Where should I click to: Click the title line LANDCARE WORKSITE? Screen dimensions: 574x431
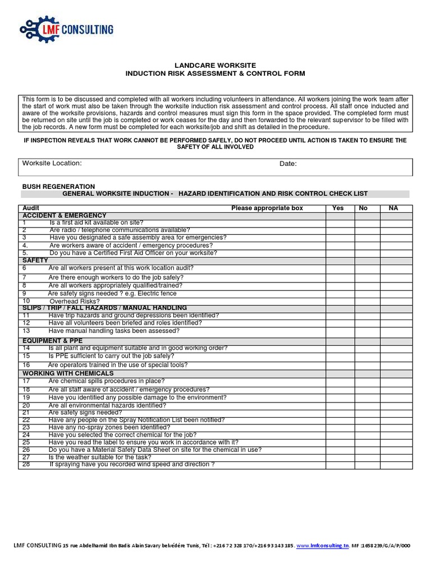click(x=215, y=66)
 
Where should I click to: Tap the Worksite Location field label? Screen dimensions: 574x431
click(x=52, y=163)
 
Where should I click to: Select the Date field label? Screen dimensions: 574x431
click(x=288, y=164)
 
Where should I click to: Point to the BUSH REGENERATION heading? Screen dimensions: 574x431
click(x=58, y=186)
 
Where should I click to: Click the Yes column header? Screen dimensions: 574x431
click(x=338, y=208)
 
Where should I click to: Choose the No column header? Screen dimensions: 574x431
click(x=363, y=208)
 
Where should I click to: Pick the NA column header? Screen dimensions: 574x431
click(x=393, y=208)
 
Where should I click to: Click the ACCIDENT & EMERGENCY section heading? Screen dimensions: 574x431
click(x=64, y=216)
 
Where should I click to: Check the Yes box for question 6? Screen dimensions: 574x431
click(x=340, y=269)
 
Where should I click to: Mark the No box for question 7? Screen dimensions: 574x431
click(x=367, y=277)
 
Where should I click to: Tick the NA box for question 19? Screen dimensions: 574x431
click(x=396, y=397)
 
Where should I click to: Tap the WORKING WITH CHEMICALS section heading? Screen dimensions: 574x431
click(x=68, y=373)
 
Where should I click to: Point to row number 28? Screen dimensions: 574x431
click(x=26, y=464)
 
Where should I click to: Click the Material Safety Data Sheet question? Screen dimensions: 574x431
click(x=155, y=450)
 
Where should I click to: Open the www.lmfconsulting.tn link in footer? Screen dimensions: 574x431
click(x=322, y=545)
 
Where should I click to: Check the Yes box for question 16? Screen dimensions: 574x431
click(x=340, y=365)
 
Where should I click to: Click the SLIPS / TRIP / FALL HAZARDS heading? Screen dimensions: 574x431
click(x=104, y=308)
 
